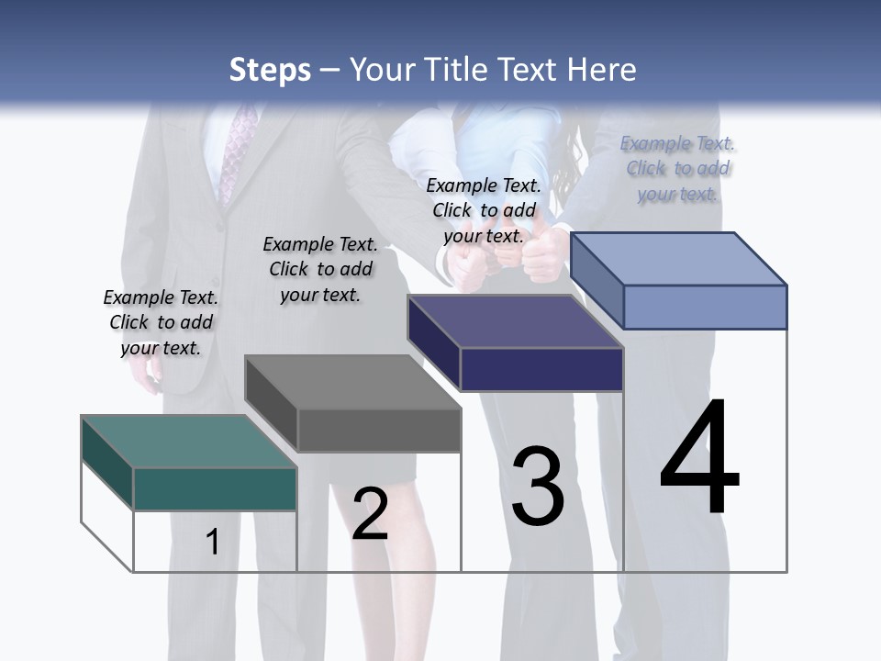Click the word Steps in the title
[270, 70]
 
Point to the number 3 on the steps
[538, 487]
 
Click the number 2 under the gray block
[370, 513]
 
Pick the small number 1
[212, 542]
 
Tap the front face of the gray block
[379, 430]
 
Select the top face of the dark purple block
[515, 322]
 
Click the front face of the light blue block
[705, 307]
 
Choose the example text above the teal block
[161, 322]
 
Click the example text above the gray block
[320, 269]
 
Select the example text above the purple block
[484, 210]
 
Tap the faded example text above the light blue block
[677, 168]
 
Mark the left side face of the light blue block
[597, 280]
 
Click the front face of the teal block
[215, 488]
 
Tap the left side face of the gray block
[271, 403]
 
